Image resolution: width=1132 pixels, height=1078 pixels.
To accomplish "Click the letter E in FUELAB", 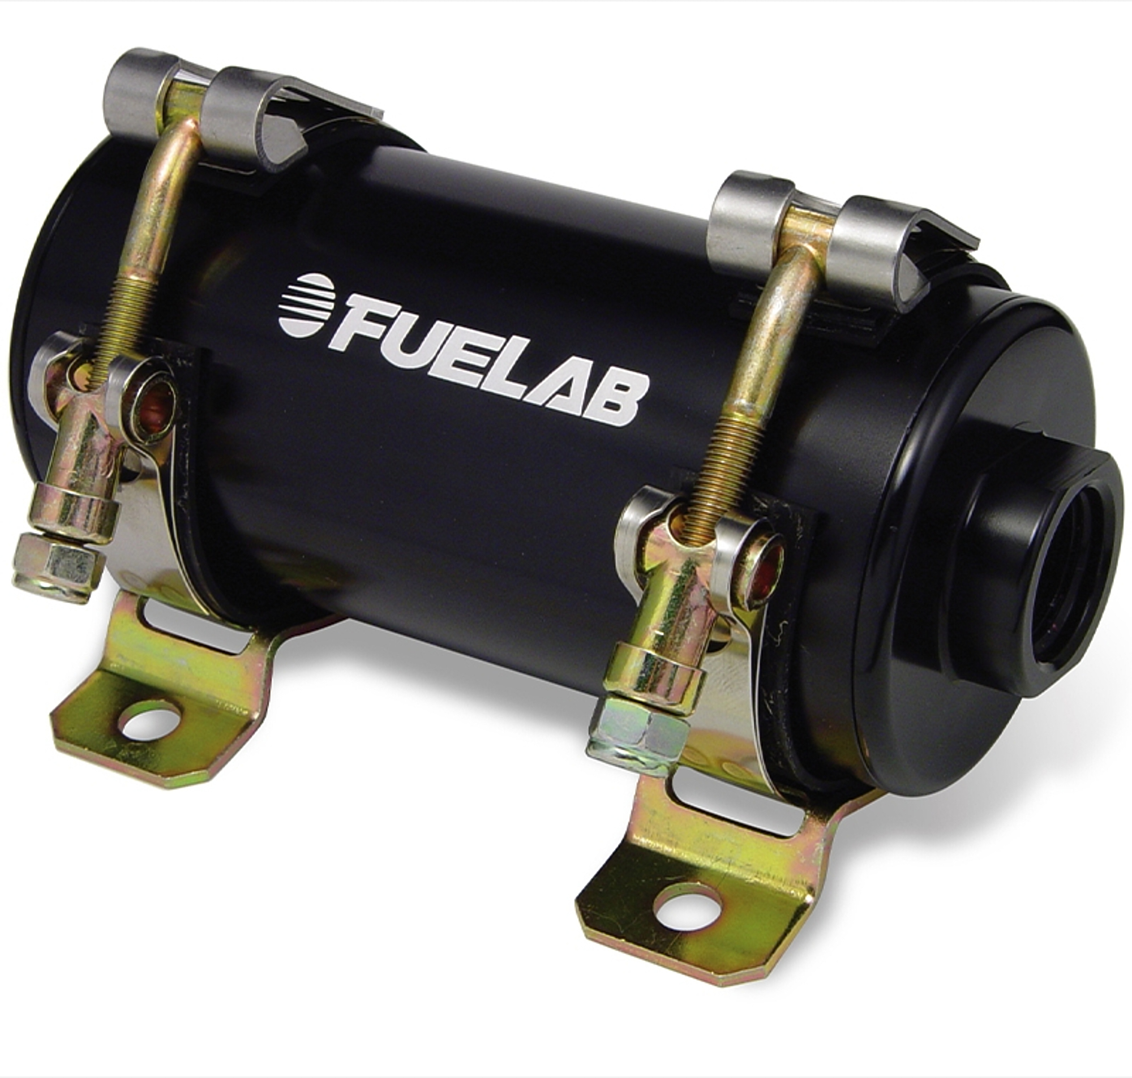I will coord(460,350).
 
